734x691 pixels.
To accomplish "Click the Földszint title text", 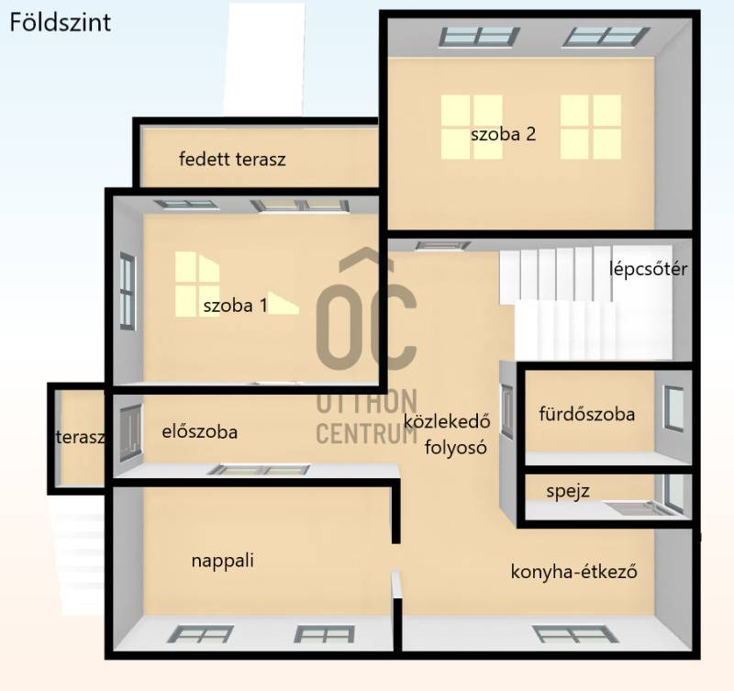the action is click(x=61, y=22).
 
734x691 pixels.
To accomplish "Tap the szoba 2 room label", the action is click(x=503, y=134).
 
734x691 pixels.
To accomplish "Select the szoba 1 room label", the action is click(x=236, y=306).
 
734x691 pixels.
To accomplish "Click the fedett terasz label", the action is click(x=232, y=159).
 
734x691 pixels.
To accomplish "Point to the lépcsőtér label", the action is click(x=649, y=269).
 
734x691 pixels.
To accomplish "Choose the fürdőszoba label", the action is click(x=587, y=414).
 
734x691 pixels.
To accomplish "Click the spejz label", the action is click(x=568, y=492).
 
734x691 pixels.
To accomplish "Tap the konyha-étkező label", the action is click(x=574, y=572).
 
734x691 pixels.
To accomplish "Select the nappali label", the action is click(x=223, y=561).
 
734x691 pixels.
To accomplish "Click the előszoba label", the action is click(x=200, y=431).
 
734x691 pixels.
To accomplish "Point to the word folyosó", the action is click(x=455, y=448).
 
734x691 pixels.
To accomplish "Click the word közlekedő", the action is click(x=447, y=421).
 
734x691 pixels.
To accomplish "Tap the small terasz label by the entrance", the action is click(x=80, y=437).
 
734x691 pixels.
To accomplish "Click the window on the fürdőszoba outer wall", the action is click(x=673, y=408).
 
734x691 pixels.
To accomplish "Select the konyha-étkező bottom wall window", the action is click(x=575, y=635).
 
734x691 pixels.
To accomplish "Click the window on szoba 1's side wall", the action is click(x=128, y=291).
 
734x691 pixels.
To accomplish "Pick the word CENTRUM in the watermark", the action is click(x=366, y=433).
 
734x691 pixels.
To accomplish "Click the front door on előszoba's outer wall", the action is click(x=130, y=433).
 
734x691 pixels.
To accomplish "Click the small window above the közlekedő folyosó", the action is click(x=443, y=245).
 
